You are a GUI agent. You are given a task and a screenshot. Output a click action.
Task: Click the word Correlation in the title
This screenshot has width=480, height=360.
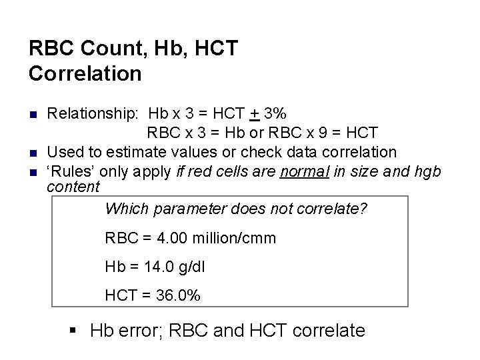[85, 73]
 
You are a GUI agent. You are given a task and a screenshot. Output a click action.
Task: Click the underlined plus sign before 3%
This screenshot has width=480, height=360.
[255, 113]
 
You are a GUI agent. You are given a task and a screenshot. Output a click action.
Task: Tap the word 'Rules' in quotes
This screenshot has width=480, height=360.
[67, 171]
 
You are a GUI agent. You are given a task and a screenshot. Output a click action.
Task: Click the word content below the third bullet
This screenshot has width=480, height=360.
[73, 187]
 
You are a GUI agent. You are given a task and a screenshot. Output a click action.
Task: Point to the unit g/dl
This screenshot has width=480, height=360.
[192, 267]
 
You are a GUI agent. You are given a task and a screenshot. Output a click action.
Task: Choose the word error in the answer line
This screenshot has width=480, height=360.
[143, 330]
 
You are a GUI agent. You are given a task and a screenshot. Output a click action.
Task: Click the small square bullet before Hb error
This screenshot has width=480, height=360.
[74, 330]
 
